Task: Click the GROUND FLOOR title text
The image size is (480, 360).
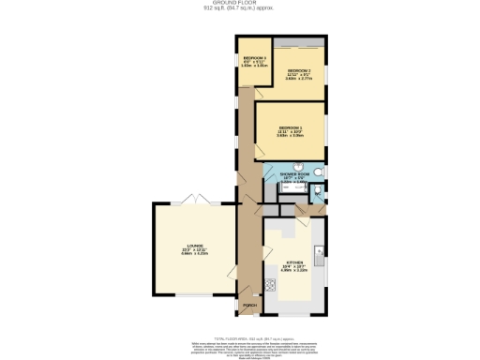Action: pos(239,4)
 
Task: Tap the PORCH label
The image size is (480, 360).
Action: pos(249,306)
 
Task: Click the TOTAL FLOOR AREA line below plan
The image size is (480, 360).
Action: pos(239,335)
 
